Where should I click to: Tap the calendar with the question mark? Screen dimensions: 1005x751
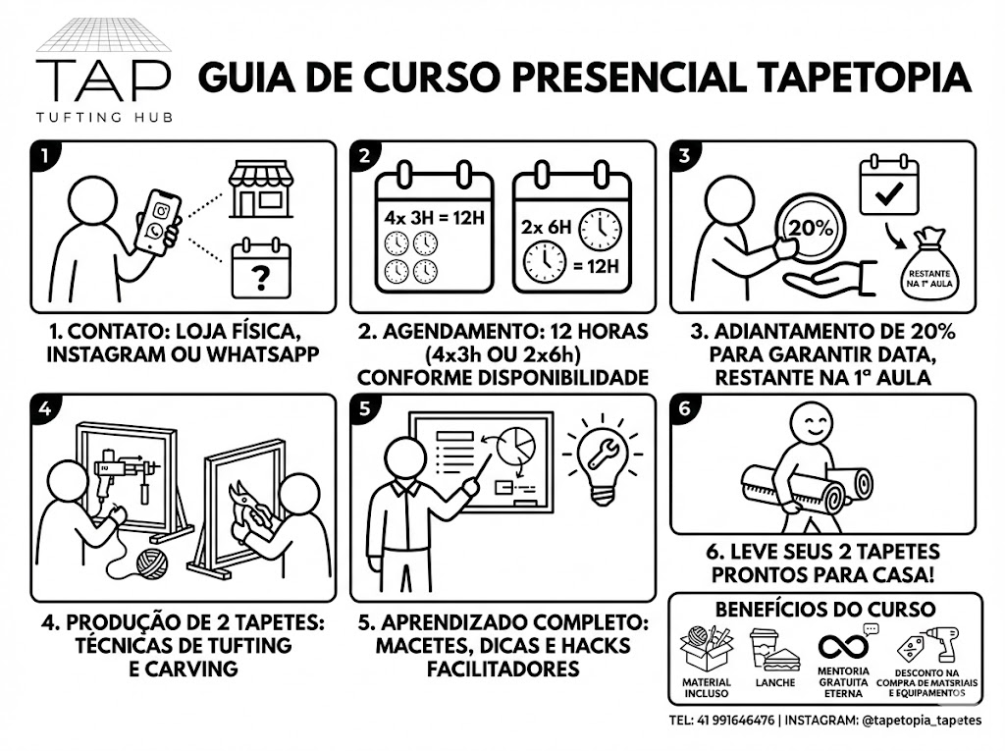coord(261,269)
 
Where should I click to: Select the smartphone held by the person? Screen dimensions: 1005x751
coord(158,222)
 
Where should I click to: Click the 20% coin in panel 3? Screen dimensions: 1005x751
coord(810,229)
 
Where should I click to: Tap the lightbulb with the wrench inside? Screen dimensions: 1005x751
coord(602,458)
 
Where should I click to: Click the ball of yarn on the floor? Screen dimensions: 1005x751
coord(152,564)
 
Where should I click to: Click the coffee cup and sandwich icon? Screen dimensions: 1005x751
coord(774,650)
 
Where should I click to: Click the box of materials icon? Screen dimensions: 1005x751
coord(707,649)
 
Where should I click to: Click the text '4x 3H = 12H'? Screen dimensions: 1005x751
coord(435,218)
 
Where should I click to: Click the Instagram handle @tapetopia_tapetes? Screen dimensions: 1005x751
coord(921,721)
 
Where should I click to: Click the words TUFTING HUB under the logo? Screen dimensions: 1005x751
coord(104,117)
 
